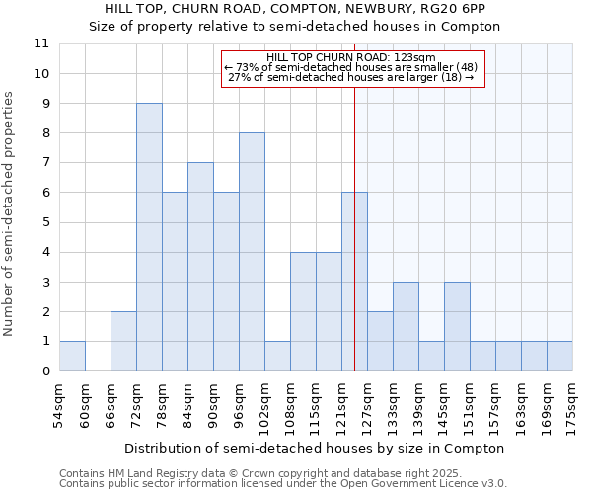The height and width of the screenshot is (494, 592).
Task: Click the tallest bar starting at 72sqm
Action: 149,237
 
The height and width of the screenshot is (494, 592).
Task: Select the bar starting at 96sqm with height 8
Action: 252,252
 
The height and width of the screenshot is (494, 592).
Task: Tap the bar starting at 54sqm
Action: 72,356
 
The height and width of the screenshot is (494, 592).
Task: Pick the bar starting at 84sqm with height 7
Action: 200,267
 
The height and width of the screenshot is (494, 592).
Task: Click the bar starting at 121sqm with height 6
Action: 354,282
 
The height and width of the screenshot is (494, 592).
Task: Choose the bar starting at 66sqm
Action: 123,341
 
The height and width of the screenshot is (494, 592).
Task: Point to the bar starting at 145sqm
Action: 457,326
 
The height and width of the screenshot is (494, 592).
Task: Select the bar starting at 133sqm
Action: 406,326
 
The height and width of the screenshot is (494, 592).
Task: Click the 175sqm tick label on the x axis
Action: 572,405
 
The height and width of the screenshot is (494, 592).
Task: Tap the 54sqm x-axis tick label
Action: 59,405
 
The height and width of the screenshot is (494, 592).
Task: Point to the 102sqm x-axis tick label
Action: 264,405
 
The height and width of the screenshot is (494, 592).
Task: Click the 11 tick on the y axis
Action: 42,43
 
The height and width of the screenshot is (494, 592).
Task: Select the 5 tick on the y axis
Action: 45,222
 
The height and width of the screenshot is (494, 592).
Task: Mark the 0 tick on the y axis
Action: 45,371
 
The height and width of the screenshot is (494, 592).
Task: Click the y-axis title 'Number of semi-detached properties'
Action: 10,213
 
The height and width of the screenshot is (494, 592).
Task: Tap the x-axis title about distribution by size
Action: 316,448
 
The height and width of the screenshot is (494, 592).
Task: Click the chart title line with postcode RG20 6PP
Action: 295,9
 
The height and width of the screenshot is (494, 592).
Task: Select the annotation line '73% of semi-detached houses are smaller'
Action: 344,67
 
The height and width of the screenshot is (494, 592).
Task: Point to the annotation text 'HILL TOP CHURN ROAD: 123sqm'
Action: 344,57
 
